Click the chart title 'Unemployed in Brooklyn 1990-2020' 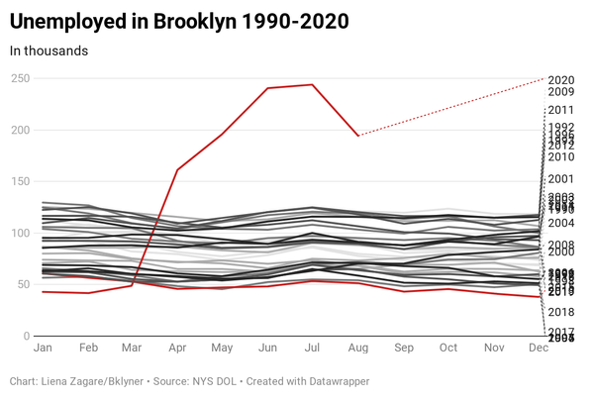point(179,20)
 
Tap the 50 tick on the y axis point(24,284)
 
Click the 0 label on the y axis point(28,337)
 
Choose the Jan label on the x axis point(43,350)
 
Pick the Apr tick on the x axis point(178,350)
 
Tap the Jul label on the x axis point(313,350)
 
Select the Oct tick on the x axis point(448,350)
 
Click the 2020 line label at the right point(561,80)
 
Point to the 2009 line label point(561,92)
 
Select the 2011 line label point(561,110)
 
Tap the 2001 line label point(561,179)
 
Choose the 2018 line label point(561,312)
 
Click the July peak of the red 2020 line point(313,85)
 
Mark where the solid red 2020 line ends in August point(358,136)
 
